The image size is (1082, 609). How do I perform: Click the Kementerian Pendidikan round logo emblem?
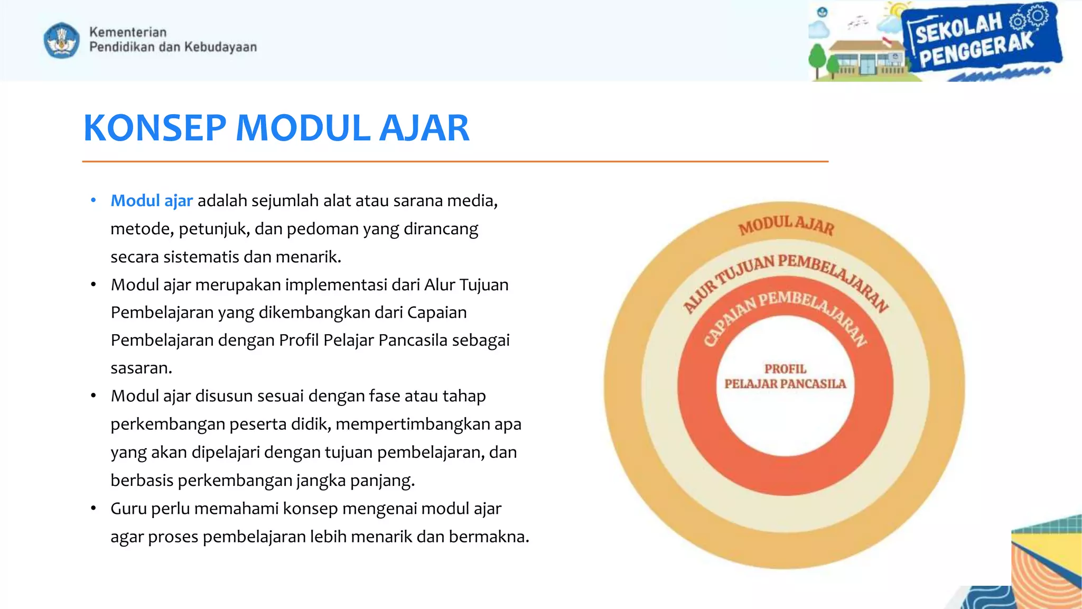tap(61, 40)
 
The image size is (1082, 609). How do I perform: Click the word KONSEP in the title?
tap(155, 128)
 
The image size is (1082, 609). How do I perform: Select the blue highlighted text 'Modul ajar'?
tap(152, 201)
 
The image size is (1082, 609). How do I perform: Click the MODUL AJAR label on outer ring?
tap(786, 225)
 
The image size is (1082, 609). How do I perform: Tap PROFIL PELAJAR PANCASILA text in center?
tap(785, 376)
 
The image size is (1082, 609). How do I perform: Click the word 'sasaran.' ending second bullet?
tap(141, 368)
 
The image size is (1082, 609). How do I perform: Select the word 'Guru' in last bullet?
tap(128, 509)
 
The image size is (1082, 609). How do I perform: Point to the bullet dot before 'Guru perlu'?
tap(94, 509)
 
